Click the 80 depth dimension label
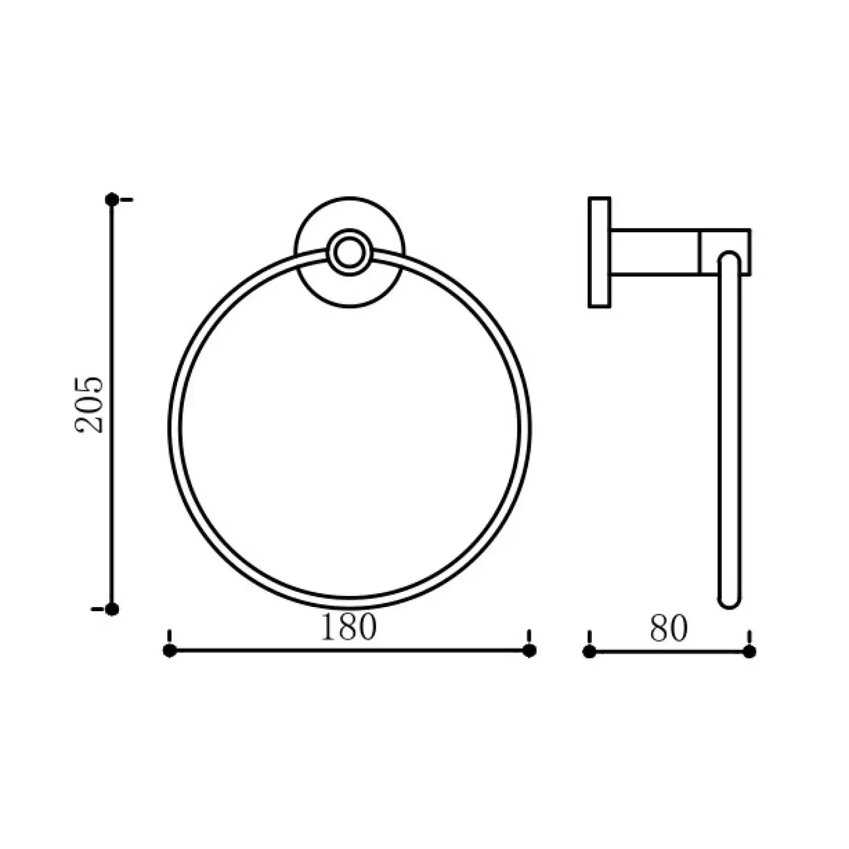(668, 628)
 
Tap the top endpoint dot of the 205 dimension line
(112, 200)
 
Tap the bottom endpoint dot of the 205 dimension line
(112, 609)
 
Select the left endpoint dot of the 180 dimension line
(170, 650)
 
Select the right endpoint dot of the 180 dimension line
(529, 650)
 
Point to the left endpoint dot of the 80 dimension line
(589, 652)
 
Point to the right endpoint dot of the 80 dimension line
(749, 652)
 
